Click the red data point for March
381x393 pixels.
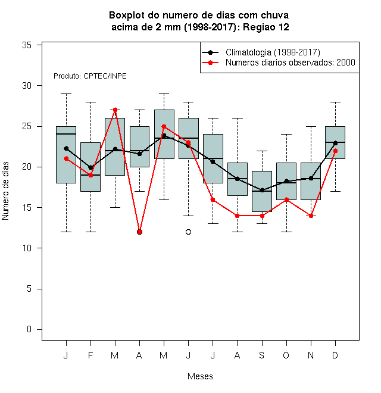(x=115, y=110)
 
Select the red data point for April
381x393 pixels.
(x=140, y=232)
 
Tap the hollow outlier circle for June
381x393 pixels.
(x=189, y=232)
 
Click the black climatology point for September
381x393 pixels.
(x=262, y=190)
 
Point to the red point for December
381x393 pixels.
(x=335, y=151)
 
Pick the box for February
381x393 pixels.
(x=90, y=167)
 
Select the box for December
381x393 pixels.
(x=335, y=142)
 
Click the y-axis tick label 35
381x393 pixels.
(x=27, y=45)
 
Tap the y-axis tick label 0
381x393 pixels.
(x=29, y=329)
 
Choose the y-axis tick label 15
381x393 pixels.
(x=27, y=208)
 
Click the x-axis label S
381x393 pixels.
(x=262, y=355)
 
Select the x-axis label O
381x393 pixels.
(x=286, y=355)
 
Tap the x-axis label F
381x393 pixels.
(x=90, y=355)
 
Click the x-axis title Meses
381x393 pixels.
(x=200, y=376)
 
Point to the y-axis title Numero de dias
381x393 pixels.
(x=5, y=191)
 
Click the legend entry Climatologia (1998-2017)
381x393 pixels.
(x=273, y=52)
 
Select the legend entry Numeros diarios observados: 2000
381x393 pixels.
(x=291, y=63)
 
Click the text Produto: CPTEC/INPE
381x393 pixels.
(x=90, y=76)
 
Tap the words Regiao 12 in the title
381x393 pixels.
(x=266, y=27)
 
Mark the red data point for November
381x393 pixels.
(x=311, y=216)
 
